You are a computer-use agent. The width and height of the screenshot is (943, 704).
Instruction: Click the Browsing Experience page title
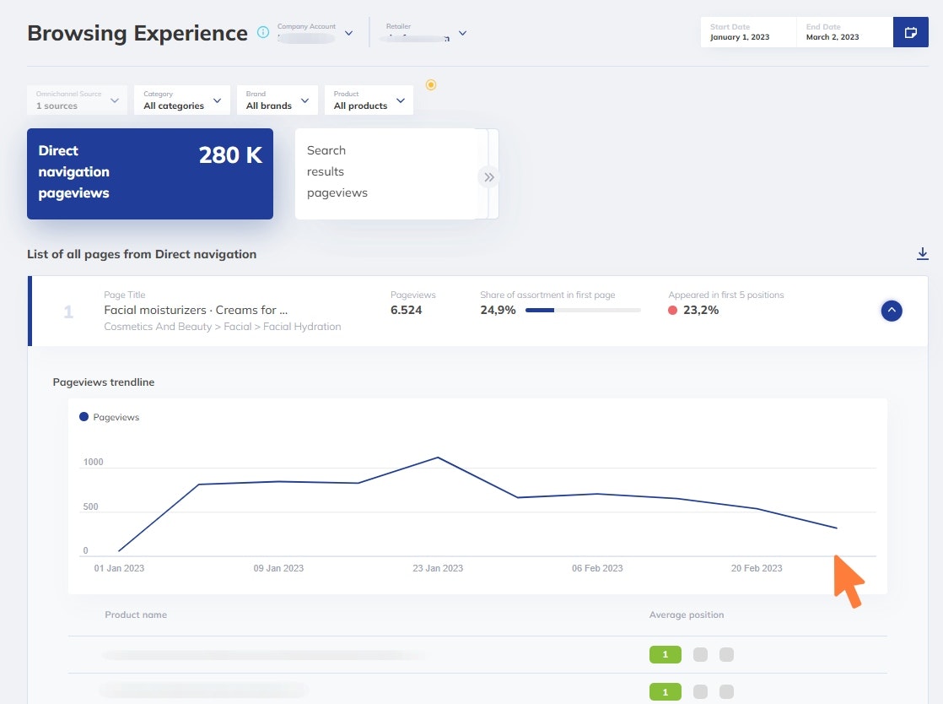click(137, 33)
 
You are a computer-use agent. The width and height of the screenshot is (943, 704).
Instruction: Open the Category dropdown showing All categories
click(181, 100)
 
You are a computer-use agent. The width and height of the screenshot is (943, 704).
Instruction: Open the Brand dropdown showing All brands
click(277, 100)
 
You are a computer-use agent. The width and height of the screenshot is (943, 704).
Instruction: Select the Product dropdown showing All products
click(369, 100)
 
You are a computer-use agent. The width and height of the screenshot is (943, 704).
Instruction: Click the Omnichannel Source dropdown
click(77, 100)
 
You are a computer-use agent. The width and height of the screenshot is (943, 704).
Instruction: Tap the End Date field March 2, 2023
click(843, 33)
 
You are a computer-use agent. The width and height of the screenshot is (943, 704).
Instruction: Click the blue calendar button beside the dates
click(910, 33)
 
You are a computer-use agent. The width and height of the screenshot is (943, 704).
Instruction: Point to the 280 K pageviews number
click(230, 155)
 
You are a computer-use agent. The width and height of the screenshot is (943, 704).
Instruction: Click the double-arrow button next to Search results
click(488, 177)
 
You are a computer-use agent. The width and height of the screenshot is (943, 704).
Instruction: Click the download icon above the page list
click(923, 254)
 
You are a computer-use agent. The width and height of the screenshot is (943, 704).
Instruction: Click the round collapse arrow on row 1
click(892, 311)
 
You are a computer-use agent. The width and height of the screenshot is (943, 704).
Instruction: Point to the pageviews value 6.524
click(407, 310)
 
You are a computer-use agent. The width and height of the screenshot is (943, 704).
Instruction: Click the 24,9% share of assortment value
click(498, 310)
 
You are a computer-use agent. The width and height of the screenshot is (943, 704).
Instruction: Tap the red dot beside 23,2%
click(672, 311)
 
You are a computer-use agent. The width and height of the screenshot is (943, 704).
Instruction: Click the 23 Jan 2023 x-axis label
click(438, 568)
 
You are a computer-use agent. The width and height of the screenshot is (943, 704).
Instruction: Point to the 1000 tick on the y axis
click(93, 463)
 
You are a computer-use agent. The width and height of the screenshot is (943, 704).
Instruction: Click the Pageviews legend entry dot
click(84, 417)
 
